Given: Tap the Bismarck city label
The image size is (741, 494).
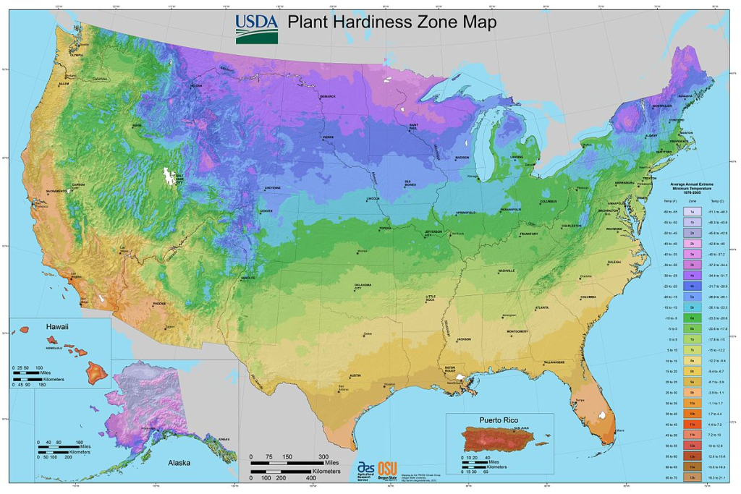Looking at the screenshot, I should pyautogui.click(x=327, y=96).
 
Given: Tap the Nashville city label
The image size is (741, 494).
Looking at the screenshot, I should pyautogui.click(x=506, y=271).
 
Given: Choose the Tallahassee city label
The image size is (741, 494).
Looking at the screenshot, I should pyautogui.click(x=554, y=361).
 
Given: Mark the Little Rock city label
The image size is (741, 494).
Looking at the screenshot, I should pyautogui.click(x=431, y=298).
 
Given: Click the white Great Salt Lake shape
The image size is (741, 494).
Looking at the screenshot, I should pyautogui.click(x=171, y=176).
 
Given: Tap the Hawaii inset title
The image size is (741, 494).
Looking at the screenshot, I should pyautogui.click(x=57, y=327).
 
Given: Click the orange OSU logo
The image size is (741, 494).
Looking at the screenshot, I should pyautogui.click(x=389, y=469).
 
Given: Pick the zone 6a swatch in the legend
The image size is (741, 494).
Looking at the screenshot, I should pyautogui.click(x=692, y=318).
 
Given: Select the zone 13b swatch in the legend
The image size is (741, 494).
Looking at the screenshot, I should pyautogui.click(x=692, y=478).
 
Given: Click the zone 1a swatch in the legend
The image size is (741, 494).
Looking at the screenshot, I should pyautogui.click(x=692, y=210).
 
